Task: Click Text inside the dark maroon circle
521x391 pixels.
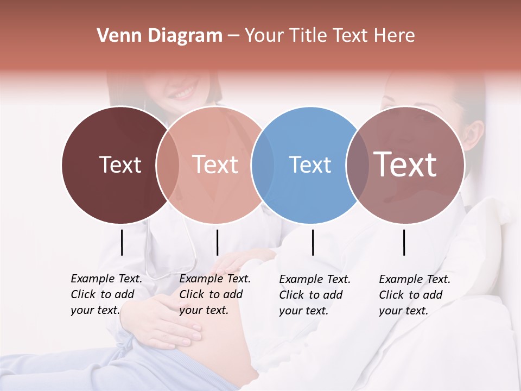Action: (x=120, y=165)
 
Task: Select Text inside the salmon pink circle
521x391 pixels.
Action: (x=215, y=165)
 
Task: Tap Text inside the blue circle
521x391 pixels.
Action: (x=310, y=165)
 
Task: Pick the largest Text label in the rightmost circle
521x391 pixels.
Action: (x=405, y=165)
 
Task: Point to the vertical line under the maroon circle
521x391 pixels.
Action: (x=122, y=242)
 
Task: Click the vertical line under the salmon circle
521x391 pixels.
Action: (x=217, y=242)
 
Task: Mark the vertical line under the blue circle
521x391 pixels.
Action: (x=313, y=242)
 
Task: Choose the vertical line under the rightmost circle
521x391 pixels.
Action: (x=404, y=242)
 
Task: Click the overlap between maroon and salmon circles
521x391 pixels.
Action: (x=168, y=165)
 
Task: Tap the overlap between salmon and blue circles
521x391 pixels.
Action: (x=263, y=165)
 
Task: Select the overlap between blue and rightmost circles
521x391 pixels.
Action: (x=357, y=165)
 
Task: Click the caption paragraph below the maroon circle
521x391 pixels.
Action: (x=106, y=294)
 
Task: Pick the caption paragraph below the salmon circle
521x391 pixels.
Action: (x=215, y=294)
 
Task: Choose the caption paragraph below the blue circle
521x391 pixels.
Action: (x=315, y=295)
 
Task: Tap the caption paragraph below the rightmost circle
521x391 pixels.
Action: (x=415, y=295)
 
